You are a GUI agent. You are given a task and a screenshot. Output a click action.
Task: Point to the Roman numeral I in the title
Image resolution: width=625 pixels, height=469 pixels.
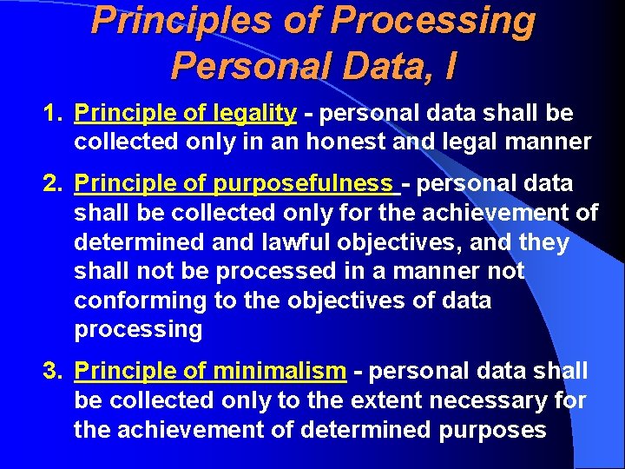click(449, 64)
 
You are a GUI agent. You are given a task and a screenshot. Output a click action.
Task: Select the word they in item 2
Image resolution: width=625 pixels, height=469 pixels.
click(542, 242)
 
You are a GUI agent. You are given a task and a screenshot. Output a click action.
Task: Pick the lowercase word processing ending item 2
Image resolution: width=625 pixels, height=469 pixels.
click(138, 329)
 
